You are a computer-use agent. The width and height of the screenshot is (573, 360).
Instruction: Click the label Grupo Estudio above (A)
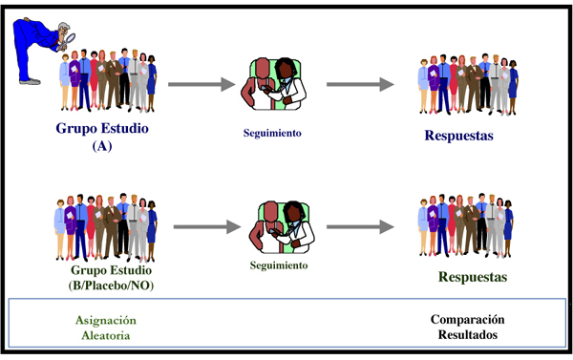102,131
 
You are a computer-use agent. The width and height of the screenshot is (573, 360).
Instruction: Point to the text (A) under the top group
102,147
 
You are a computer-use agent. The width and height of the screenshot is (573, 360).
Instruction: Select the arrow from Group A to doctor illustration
202,85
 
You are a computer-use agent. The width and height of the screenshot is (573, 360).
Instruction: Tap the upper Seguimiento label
272,134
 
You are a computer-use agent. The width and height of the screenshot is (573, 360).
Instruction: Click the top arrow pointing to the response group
360,84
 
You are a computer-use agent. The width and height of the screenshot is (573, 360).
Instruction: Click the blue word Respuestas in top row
458,136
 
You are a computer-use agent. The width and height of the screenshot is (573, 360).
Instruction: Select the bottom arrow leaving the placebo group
202,227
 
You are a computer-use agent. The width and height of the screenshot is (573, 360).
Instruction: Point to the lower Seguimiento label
279,265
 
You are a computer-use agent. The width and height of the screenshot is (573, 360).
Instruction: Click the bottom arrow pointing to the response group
360,227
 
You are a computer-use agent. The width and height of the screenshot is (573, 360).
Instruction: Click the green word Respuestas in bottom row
472,278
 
